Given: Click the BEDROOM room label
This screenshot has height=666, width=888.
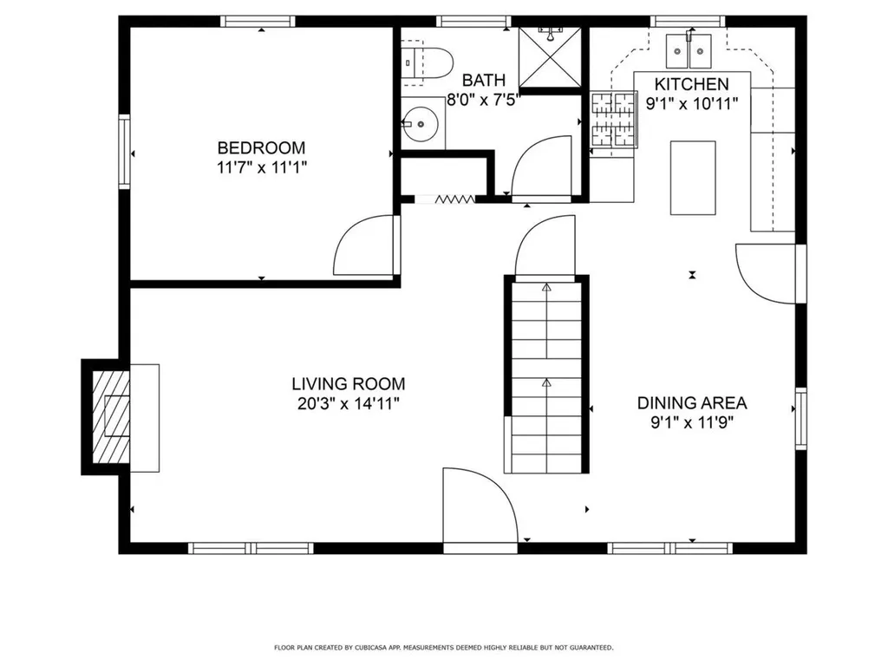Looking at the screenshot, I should click(261, 147).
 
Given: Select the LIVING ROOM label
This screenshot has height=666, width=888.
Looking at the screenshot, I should click(348, 383).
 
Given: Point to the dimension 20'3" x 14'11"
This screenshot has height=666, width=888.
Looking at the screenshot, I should click(348, 402).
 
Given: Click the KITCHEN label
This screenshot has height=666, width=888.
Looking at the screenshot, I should click(690, 84).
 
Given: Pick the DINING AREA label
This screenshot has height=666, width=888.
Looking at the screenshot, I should click(691, 402).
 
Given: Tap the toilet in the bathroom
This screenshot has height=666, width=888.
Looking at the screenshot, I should click(428, 62).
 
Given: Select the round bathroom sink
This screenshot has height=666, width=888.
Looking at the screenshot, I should click(422, 125).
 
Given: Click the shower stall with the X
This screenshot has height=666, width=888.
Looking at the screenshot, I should click(551, 57).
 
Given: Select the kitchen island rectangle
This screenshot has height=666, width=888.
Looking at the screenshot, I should click(692, 178).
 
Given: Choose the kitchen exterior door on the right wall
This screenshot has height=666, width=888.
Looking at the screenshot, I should click(765, 273).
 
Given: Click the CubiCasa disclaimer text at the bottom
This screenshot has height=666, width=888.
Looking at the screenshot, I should click(443, 647).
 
